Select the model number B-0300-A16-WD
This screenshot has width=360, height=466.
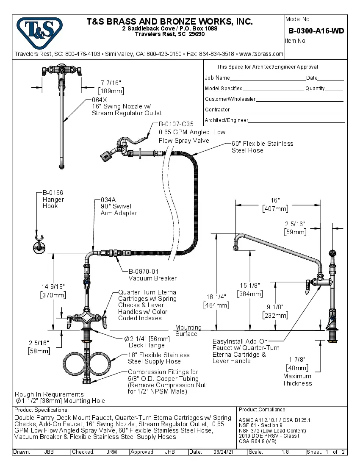pyautogui.click(x=316, y=31)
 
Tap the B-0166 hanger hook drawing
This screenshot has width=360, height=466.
pyautogui.click(x=39, y=246)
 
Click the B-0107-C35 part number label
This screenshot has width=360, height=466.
pyautogui.click(x=176, y=124)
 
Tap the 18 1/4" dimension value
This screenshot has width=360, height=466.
pyautogui.click(x=217, y=297)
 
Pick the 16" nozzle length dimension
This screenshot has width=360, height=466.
pyautogui.click(x=275, y=200)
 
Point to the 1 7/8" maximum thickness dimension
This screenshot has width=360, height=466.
pyautogui.click(x=297, y=359)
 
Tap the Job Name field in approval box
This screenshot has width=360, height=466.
pyautogui.click(x=217, y=78)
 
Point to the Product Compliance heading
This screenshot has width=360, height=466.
pyautogui.click(x=263, y=410)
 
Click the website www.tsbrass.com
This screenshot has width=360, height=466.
pyautogui.click(x=261, y=54)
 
